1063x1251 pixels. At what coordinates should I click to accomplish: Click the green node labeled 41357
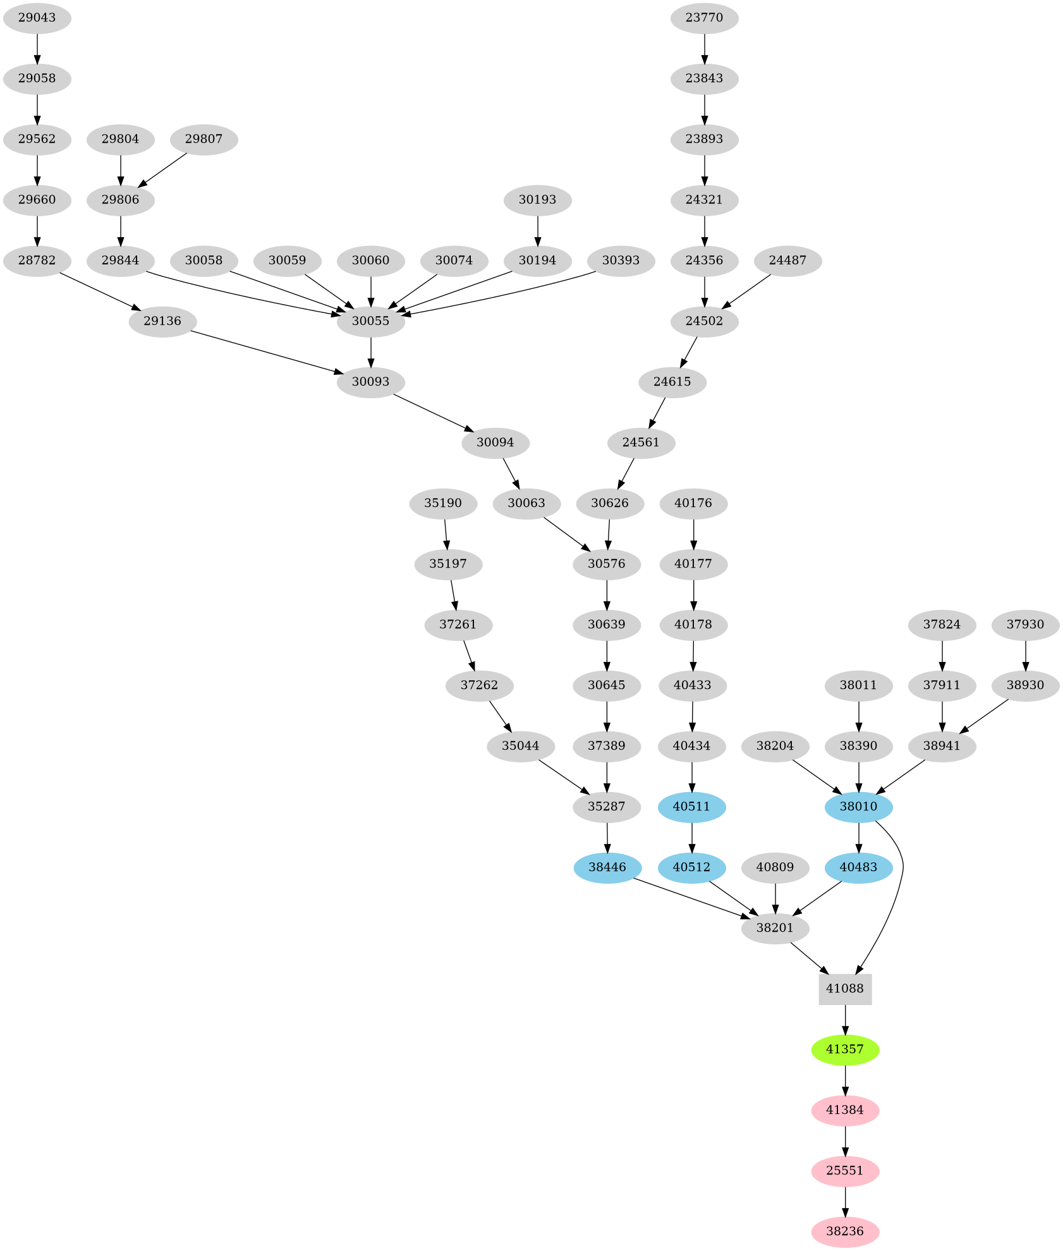tap(845, 1049)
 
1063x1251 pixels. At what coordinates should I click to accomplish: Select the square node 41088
tap(845, 989)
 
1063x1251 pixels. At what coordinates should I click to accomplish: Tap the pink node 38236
tap(845, 1231)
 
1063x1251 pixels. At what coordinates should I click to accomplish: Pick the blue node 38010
tap(858, 807)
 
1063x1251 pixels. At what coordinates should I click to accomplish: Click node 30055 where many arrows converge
tap(370, 321)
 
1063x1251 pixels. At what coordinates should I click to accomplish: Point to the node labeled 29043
tap(37, 18)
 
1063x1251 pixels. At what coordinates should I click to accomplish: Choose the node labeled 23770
tap(704, 18)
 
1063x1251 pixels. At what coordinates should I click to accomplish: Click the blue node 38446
tap(607, 867)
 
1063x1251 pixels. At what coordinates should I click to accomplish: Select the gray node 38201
tap(775, 928)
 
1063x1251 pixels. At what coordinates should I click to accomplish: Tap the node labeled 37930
tap(1025, 625)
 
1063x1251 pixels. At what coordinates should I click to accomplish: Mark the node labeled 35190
tap(442, 503)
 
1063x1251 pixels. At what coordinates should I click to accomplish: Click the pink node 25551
tap(845, 1171)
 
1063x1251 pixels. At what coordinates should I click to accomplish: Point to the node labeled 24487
tap(787, 260)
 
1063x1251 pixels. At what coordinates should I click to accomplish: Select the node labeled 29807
tap(203, 139)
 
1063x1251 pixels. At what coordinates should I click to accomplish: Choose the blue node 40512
tap(691, 867)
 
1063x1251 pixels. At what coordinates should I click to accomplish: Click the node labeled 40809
tap(775, 867)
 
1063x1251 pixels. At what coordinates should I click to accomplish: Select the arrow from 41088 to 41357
tap(845, 1019)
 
